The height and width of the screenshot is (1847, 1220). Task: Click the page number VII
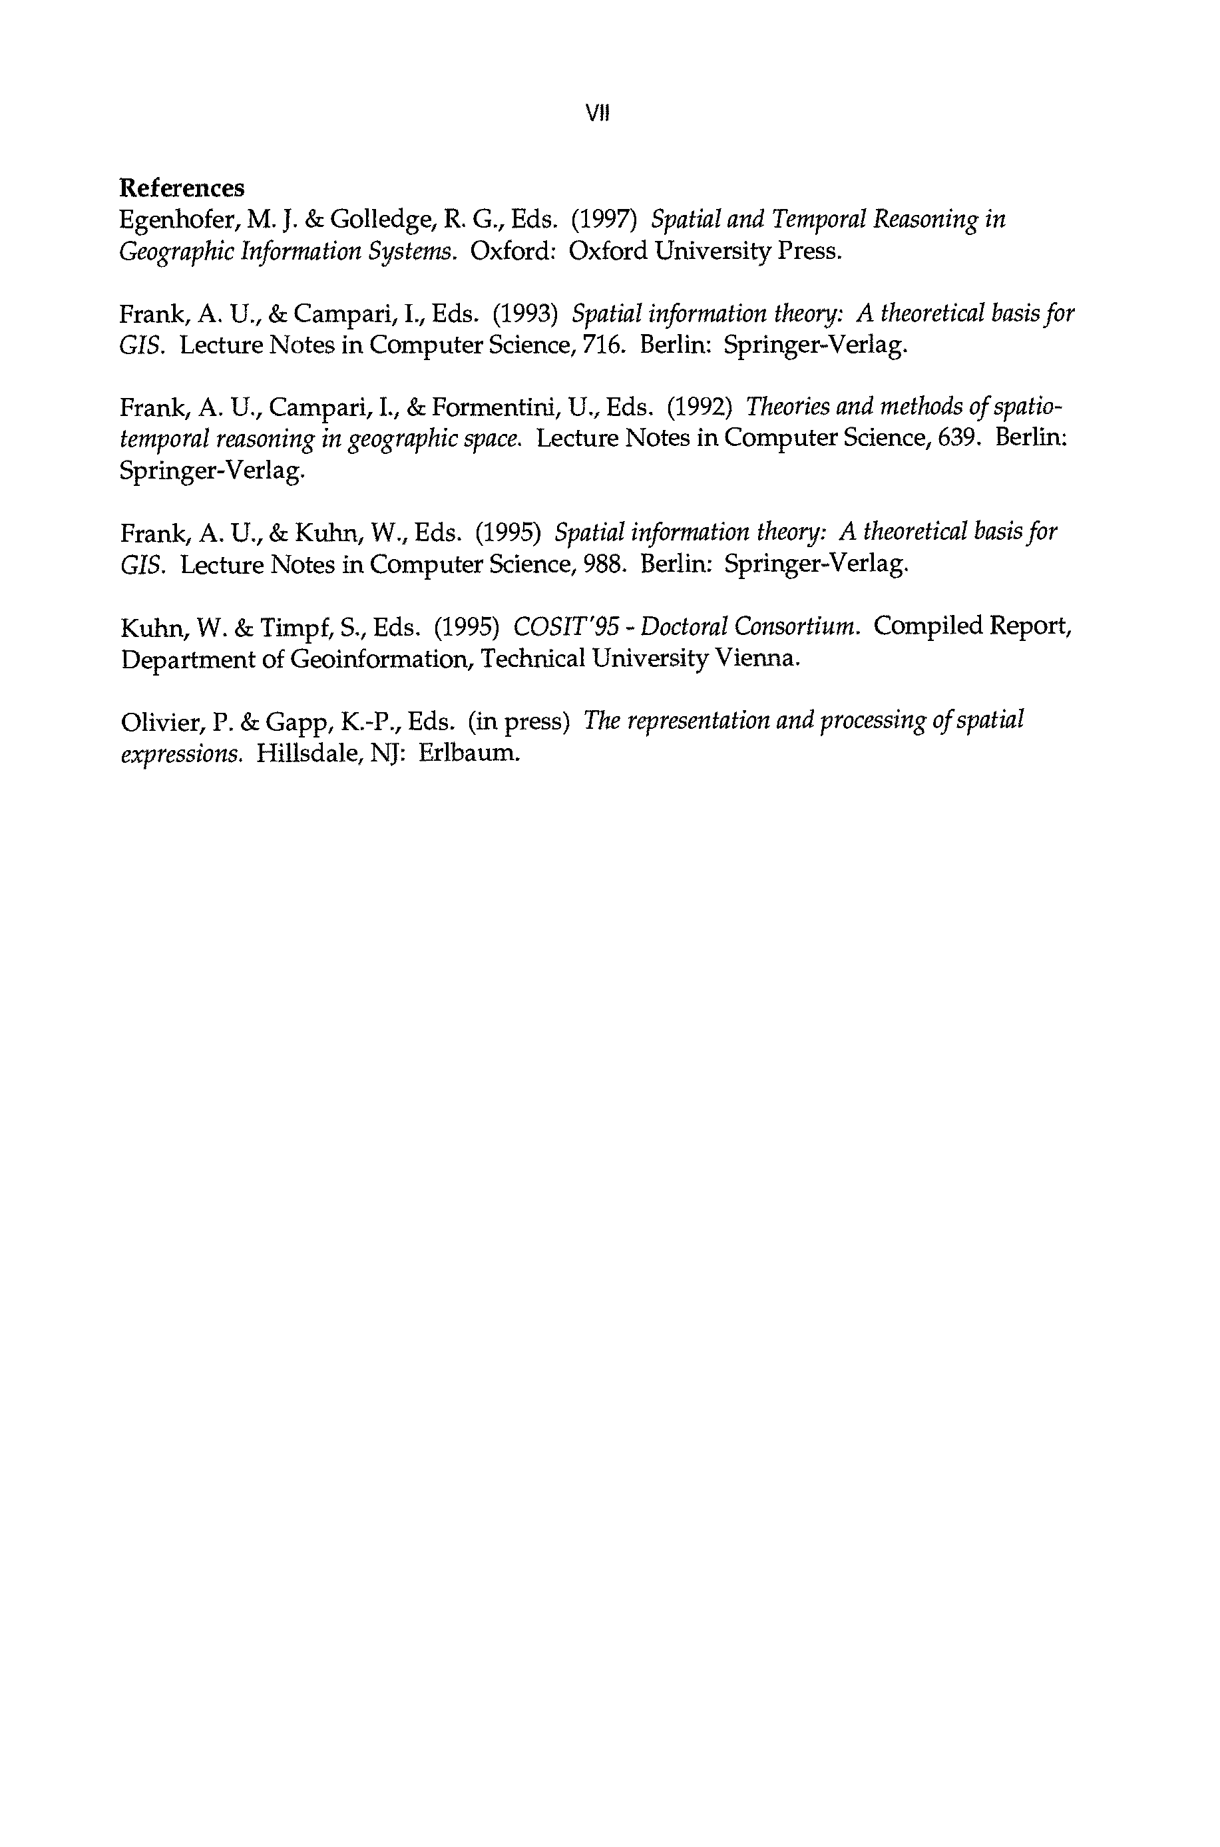tap(598, 114)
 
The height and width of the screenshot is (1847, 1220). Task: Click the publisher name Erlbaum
tap(469, 753)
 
